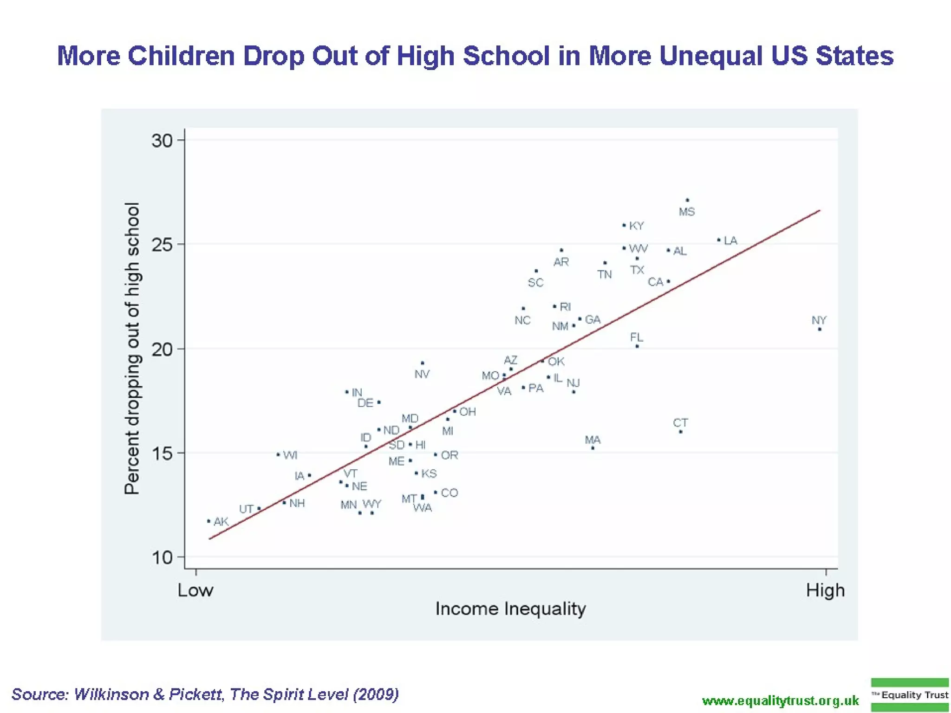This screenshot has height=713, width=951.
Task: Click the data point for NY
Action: coord(820,329)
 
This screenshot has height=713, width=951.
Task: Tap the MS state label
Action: coord(687,212)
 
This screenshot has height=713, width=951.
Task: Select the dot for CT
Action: coord(681,432)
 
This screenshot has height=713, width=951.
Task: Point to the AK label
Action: coord(221,521)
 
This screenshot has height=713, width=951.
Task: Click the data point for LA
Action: coord(719,240)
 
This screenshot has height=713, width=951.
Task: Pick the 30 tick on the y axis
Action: coord(162,140)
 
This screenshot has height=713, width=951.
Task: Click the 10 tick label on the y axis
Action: coord(162,557)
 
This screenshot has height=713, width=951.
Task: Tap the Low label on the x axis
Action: coord(195,590)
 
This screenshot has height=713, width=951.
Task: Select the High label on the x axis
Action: coord(825,590)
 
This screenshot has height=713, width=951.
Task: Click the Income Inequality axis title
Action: coord(510,609)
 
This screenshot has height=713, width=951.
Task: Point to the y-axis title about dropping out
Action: coord(132,348)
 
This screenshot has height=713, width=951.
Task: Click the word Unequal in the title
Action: coord(710,56)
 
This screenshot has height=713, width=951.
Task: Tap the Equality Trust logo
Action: coord(909,695)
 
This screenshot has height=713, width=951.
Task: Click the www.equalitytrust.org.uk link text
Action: coord(781,700)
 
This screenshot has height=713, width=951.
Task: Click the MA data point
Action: coord(593,448)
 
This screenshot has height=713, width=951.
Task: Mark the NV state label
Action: coord(422,374)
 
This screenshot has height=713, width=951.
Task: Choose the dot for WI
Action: coord(278,455)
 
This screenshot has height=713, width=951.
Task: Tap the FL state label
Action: coord(637,337)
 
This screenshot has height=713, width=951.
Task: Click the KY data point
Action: coord(624,225)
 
